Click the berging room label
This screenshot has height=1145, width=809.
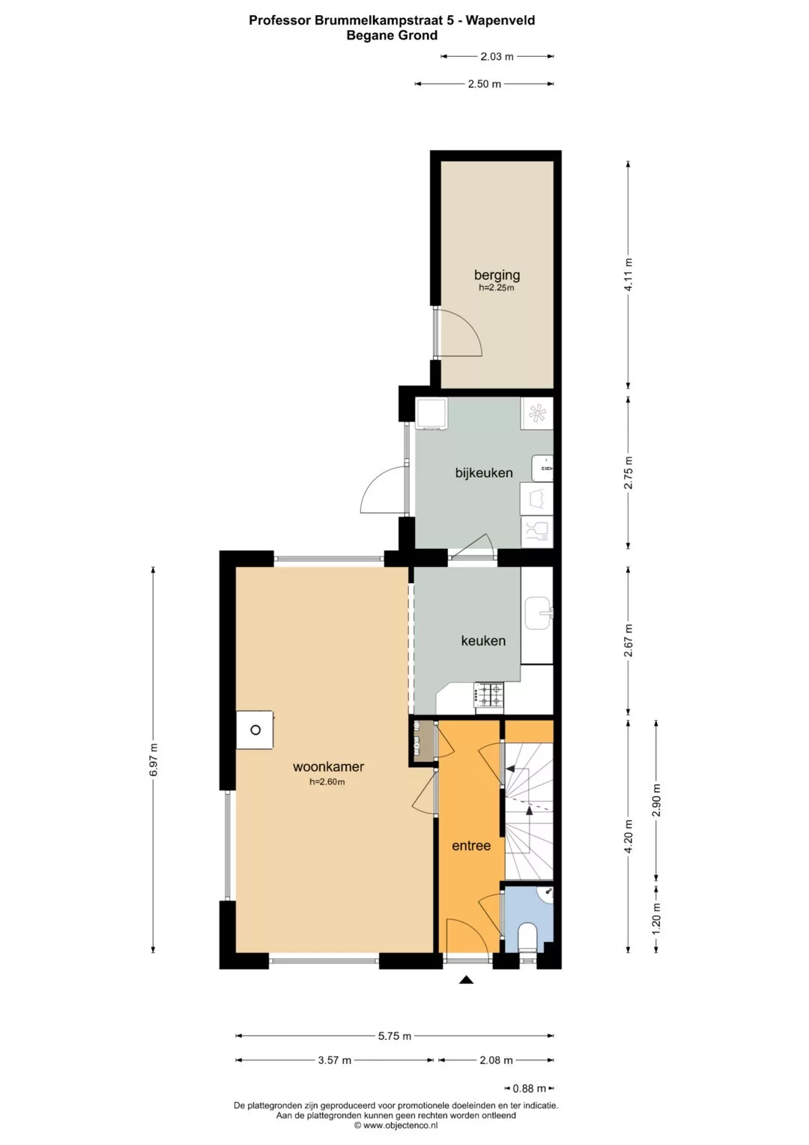(497, 275)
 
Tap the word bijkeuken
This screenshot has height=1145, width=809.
(484, 472)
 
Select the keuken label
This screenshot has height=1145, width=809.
(483, 640)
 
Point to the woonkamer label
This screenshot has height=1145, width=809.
(328, 767)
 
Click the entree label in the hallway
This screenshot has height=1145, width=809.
(471, 846)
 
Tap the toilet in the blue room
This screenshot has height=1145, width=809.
(527, 936)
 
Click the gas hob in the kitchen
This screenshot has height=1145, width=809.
(489, 696)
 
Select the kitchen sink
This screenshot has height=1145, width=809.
(538, 613)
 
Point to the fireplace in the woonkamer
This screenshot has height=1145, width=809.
(255, 730)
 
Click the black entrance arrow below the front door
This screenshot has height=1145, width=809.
(466, 980)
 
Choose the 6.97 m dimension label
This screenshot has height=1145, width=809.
(154, 760)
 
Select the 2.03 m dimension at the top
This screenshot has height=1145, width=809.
(497, 57)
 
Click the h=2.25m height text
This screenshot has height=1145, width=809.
(496, 288)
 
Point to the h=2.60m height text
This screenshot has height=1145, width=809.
(327, 781)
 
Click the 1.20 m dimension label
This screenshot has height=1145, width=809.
(656, 917)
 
